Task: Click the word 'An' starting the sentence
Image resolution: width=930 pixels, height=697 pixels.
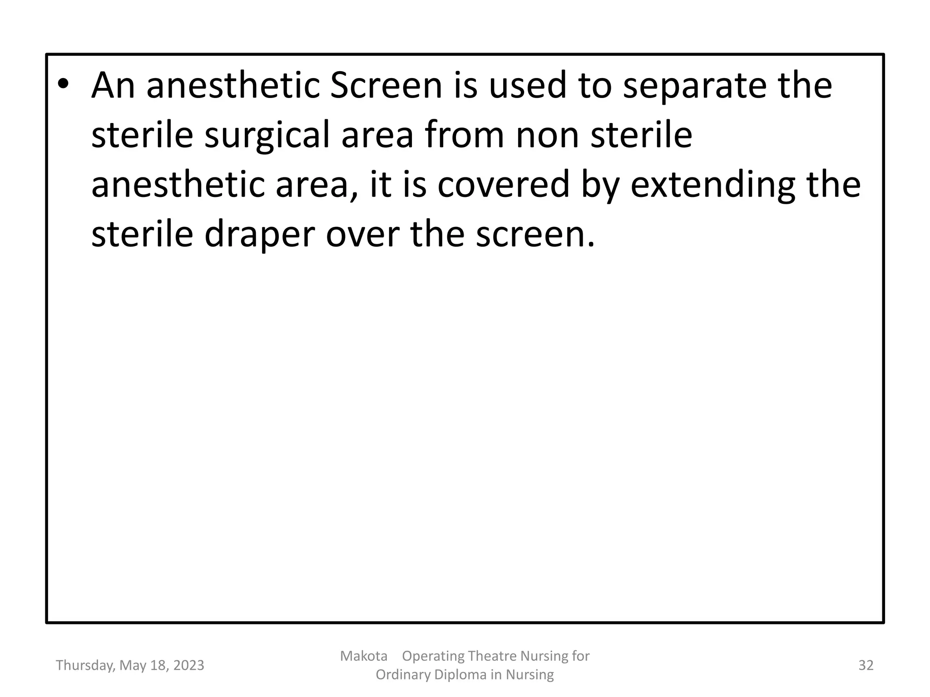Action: coord(113,86)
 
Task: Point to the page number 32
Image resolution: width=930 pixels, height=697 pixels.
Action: coord(866,665)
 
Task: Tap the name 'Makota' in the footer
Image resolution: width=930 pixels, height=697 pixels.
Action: coord(363,656)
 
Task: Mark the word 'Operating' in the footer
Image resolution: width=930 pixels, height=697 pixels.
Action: coord(433,656)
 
